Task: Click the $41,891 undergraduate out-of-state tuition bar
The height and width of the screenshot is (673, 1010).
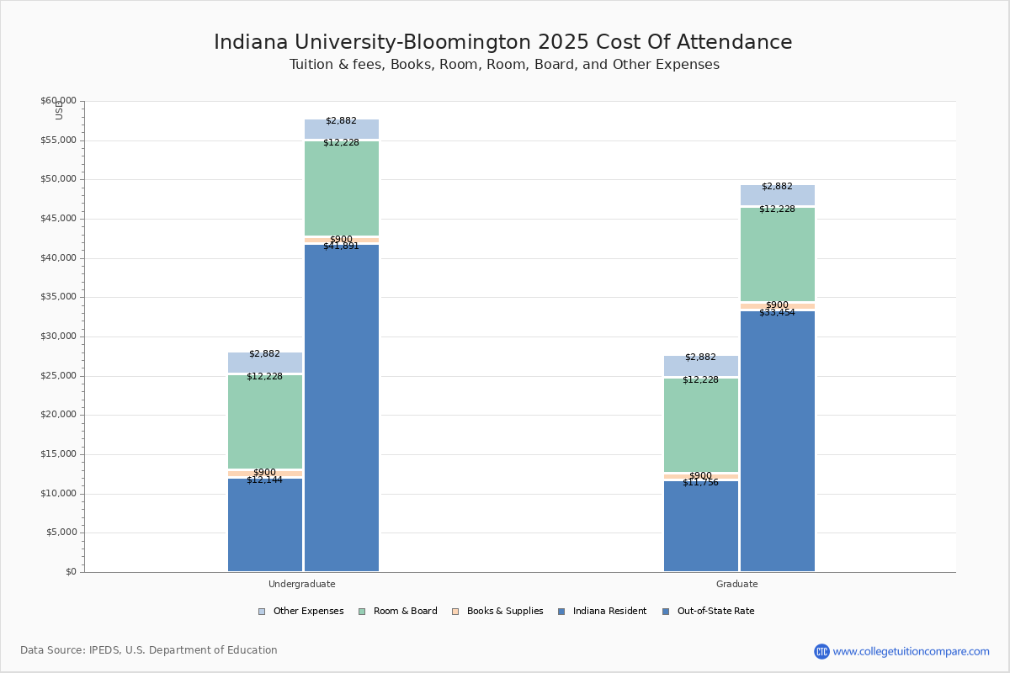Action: coord(342,408)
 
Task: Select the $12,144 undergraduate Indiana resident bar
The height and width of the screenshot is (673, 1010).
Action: coord(265,525)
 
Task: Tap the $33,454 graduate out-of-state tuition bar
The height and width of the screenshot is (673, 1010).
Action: coord(778,441)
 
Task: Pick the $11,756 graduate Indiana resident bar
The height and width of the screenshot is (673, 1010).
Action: coord(701,527)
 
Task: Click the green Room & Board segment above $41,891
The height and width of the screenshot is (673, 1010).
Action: coord(342,188)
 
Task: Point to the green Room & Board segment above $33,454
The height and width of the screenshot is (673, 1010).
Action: coord(778,254)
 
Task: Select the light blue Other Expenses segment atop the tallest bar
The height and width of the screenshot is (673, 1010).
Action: coord(342,129)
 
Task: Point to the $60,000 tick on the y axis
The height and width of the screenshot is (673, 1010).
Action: coord(58,101)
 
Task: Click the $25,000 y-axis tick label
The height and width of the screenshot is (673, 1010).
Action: coord(58,376)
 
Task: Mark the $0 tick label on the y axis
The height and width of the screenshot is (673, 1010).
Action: coord(70,572)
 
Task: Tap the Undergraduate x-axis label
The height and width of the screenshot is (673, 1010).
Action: coord(302,584)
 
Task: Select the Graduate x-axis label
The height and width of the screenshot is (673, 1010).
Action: coord(737,584)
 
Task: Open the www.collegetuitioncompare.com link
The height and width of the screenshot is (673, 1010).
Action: coord(911,651)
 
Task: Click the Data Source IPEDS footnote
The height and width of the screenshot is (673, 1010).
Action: coord(149,650)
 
